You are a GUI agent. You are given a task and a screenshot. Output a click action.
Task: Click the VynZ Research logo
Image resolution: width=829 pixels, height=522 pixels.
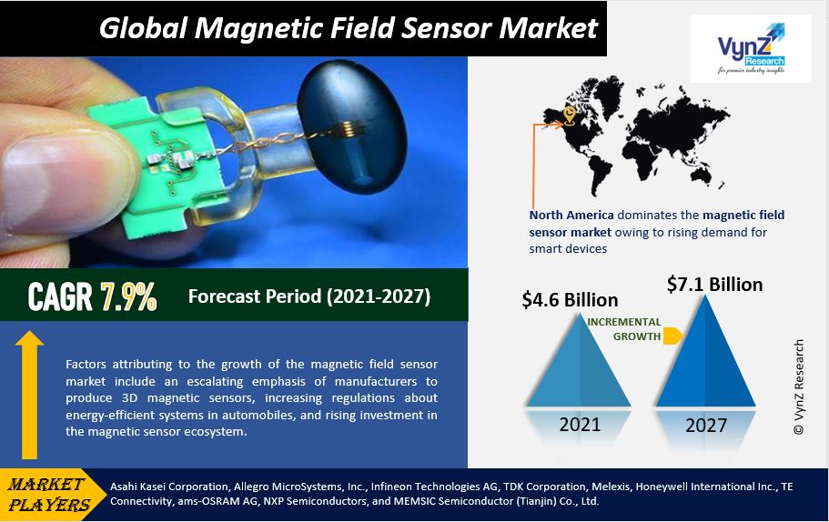(x=750, y=49)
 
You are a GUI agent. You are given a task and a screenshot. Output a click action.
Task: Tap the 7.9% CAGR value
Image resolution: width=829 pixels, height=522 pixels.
(x=128, y=296)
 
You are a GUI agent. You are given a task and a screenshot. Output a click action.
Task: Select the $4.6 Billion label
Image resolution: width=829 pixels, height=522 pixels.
(x=570, y=299)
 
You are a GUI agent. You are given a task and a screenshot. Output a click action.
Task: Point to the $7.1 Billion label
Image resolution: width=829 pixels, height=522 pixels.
(x=714, y=285)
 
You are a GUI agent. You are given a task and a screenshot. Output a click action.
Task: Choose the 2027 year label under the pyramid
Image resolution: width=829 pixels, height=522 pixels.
(x=707, y=425)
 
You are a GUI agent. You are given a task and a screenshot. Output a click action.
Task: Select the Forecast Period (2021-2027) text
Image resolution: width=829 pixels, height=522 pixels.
(x=309, y=296)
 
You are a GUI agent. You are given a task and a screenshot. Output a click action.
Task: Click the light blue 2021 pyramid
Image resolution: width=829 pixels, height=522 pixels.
(x=578, y=364)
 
